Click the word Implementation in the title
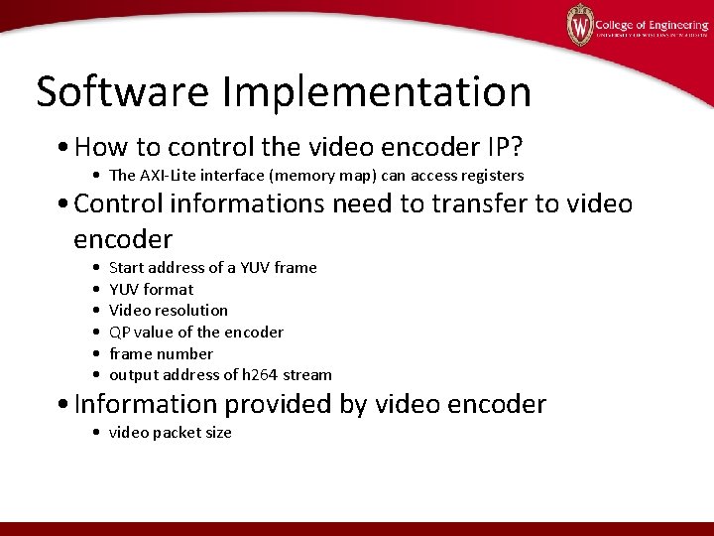pos(377,91)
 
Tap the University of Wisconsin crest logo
pos(579,25)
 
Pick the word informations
pos(248,203)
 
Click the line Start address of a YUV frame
pos(212,267)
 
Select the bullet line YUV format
pos(151,289)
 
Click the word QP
pos(120,332)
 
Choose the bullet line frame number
pos(161,353)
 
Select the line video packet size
pos(170,432)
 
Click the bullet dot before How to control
pos(62,149)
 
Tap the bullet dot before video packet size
pos(94,433)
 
